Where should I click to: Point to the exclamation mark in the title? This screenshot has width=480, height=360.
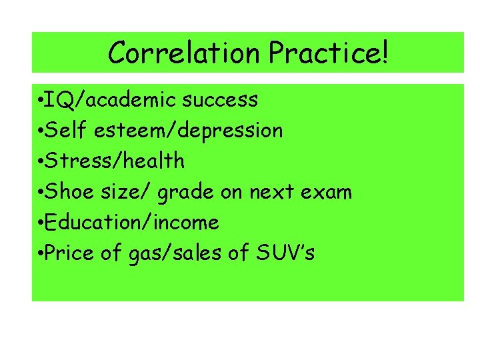tap(384, 53)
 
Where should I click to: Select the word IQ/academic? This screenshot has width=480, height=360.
tap(113, 101)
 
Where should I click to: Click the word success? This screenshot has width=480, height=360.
tap(220, 101)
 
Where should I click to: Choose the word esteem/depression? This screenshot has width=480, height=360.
tap(189, 131)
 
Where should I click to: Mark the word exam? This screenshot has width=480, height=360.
tap(327, 193)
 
